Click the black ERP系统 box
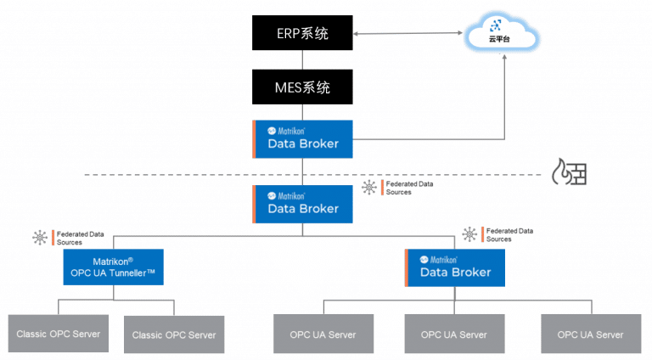[x=302, y=34]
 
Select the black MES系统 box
[x=302, y=87]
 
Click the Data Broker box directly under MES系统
[x=303, y=138]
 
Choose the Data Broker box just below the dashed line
[x=303, y=204]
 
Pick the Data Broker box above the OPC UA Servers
[x=455, y=267]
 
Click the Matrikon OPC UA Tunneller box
[x=113, y=267]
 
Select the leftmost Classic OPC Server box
[x=58, y=334]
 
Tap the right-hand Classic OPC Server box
[x=174, y=335]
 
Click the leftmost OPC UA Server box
[x=323, y=334]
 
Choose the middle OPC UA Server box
[x=454, y=334]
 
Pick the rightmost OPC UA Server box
[x=591, y=334]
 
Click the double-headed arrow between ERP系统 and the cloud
[x=408, y=34]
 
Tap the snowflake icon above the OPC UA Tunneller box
[x=40, y=238]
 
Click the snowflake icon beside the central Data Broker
[x=368, y=188]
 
